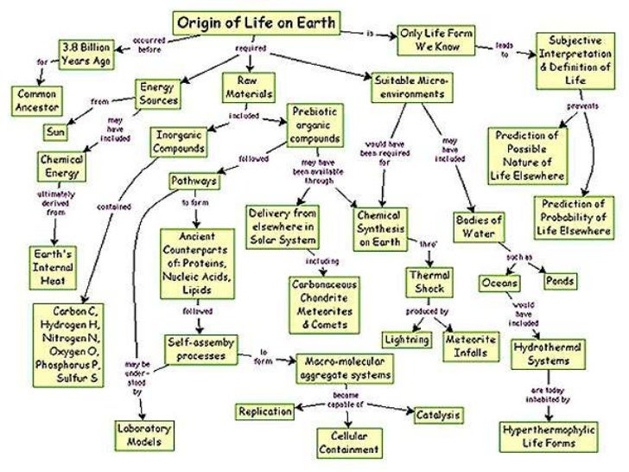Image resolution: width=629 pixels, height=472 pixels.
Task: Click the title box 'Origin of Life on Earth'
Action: (257, 22)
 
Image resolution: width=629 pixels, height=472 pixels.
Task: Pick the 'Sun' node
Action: (56, 132)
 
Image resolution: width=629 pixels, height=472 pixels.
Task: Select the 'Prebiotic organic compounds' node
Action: (315, 126)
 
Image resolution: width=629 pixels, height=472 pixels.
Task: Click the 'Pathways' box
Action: (194, 182)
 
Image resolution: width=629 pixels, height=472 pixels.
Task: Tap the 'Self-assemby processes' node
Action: (200, 348)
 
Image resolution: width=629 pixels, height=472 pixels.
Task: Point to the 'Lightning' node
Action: (407, 340)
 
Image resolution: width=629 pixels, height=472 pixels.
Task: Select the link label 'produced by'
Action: (426, 311)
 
